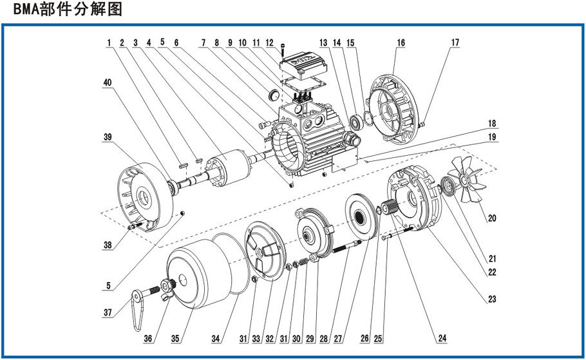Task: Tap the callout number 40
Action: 108,83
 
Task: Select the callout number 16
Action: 401,43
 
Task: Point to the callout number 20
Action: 492,218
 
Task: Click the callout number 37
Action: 108,313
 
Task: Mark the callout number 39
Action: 108,137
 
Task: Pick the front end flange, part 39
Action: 141,194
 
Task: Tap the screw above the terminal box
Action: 284,48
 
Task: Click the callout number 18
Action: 491,122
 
